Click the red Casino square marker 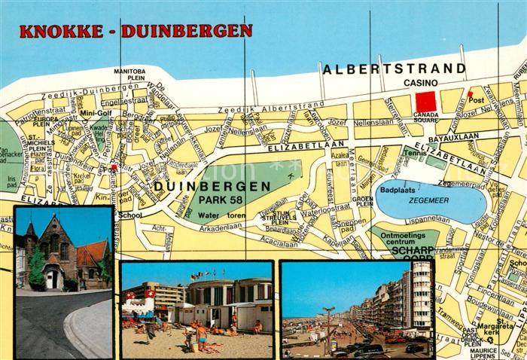426,101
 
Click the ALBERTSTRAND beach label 394,69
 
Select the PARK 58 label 217,198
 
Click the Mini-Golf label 96,113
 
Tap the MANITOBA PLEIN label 129,73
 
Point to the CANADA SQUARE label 426,117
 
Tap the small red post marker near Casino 471,94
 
